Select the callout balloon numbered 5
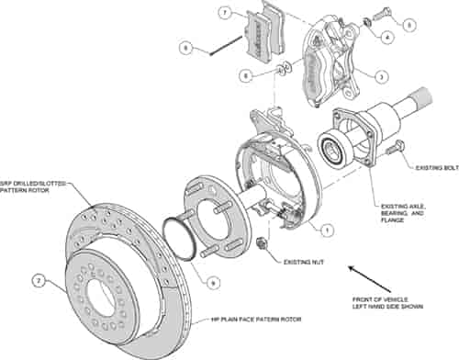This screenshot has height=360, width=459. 409,25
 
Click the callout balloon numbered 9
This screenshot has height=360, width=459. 214,285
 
